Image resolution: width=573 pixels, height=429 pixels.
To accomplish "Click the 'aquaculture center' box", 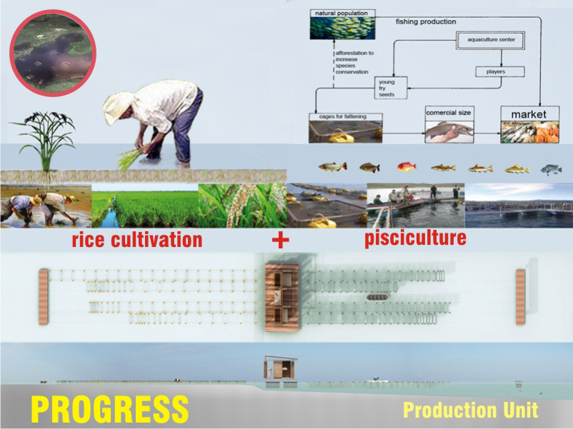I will (x=492, y=40).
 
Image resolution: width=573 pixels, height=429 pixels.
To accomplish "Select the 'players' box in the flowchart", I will (x=500, y=71).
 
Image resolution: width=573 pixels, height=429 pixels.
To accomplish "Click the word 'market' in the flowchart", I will (x=528, y=113).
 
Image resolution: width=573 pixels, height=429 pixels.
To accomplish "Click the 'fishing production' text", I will (x=426, y=22).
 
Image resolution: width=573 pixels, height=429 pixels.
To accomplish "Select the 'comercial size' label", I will (x=449, y=113).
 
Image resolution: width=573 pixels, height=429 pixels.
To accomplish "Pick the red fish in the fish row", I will (x=407, y=167).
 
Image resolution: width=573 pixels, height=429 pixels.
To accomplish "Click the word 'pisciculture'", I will (x=415, y=238).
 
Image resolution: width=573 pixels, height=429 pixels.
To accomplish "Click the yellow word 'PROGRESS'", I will (x=109, y=409).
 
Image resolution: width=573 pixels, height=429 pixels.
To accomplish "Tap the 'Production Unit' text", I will (x=470, y=410).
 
